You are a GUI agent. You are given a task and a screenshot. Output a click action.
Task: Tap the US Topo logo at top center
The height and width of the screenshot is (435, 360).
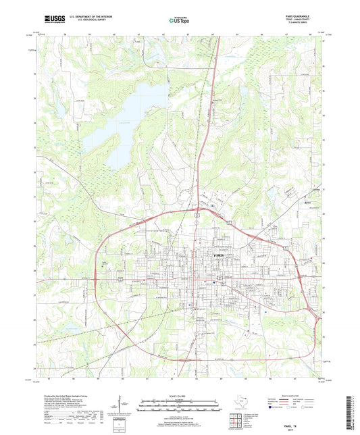click(x=180, y=20)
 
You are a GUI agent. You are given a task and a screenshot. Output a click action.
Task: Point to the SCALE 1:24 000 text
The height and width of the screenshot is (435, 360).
click(x=180, y=396)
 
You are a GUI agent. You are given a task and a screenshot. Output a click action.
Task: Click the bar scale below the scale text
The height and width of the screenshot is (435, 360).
click(x=180, y=403)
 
